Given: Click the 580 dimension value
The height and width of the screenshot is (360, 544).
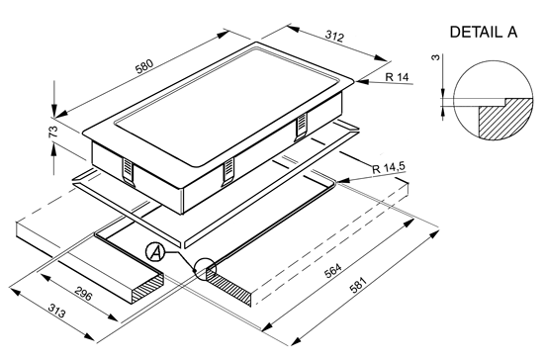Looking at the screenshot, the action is pyautogui.click(x=144, y=66).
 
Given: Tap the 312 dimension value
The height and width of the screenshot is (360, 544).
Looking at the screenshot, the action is pyautogui.click(x=334, y=36).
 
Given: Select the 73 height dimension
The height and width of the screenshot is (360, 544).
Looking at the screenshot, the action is pyautogui.click(x=53, y=132).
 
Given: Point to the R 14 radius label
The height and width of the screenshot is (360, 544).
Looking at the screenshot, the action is pyautogui.click(x=398, y=76).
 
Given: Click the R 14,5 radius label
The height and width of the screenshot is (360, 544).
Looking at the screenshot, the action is pyautogui.click(x=389, y=168).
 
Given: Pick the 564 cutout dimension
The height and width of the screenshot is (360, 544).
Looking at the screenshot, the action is pyautogui.click(x=333, y=271).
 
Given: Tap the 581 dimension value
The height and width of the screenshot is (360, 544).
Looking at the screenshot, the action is pyautogui.click(x=358, y=285).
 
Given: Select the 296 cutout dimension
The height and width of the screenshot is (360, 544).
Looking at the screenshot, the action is pyautogui.click(x=83, y=295).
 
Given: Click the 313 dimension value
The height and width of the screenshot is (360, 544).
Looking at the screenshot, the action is pyautogui.click(x=56, y=311).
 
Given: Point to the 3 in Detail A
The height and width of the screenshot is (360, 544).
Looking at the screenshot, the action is pyautogui.click(x=435, y=57).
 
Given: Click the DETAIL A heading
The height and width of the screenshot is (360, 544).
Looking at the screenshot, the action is pyautogui.click(x=484, y=32).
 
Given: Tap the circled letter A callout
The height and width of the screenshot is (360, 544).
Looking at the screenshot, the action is pyautogui.click(x=154, y=252).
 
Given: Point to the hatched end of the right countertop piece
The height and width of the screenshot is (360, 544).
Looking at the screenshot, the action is pyautogui.click(x=229, y=286).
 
